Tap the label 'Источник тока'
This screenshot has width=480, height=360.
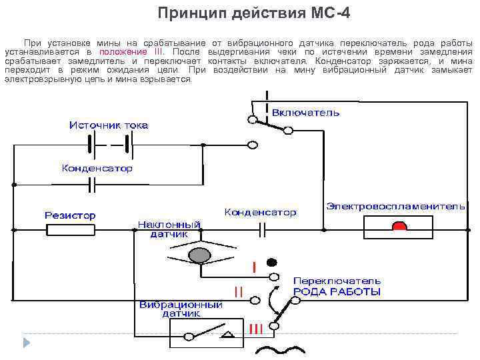(109, 125)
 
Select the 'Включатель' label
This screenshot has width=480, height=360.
(305, 113)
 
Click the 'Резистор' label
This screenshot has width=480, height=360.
(70, 215)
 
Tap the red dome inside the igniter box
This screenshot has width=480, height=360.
(399, 227)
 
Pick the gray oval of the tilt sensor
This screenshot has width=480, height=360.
(199, 255)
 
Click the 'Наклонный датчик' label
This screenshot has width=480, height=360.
(169, 229)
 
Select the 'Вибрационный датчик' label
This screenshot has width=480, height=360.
(181, 309)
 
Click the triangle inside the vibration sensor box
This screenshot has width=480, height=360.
(227, 335)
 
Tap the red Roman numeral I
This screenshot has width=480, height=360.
(254, 267)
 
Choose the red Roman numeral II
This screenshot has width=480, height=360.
(238, 291)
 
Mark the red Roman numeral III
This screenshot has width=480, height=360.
(255, 328)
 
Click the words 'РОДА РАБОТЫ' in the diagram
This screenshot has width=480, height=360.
(337, 292)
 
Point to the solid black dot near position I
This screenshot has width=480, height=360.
(272, 261)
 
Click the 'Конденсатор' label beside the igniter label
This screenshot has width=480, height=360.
(260, 212)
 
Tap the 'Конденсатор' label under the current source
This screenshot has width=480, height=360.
(97, 169)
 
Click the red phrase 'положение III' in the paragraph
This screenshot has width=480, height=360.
(130, 51)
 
